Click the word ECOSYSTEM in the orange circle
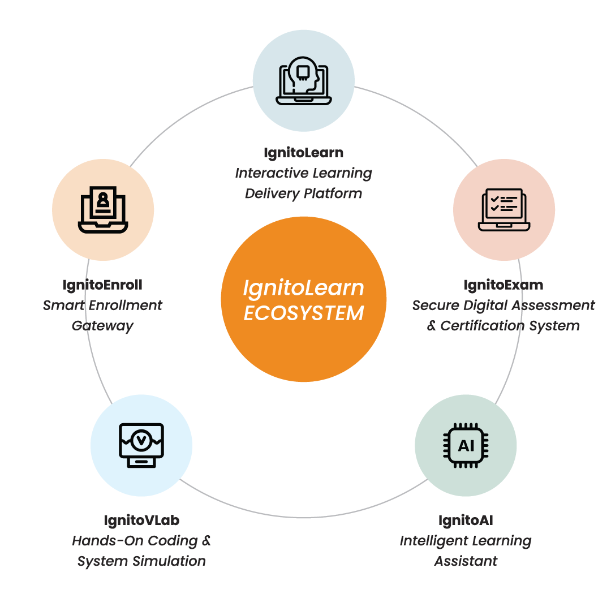click(303, 313)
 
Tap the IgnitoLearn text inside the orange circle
click(303, 288)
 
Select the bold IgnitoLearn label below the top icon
click(303, 153)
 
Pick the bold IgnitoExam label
click(504, 285)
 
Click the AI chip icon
click(466, 445)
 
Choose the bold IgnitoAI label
click(466, 520)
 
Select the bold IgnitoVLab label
click(141, 520)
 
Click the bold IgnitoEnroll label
click(102, 285)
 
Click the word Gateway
click(102, 326)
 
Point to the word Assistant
click(466, 561)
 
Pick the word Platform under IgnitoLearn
click(333, 193)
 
